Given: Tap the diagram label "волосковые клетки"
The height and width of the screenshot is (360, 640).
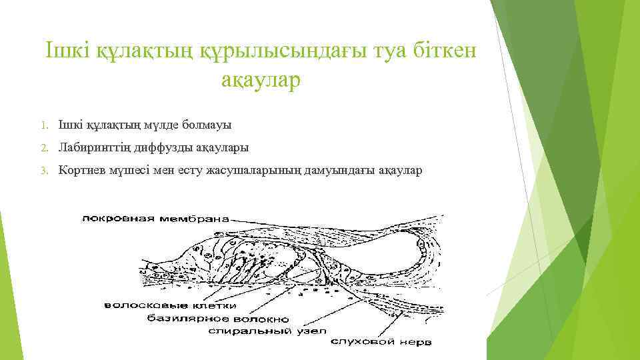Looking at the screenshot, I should tap(171, 306).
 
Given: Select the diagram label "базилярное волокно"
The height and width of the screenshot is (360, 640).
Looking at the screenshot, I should tap(215, 318).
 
